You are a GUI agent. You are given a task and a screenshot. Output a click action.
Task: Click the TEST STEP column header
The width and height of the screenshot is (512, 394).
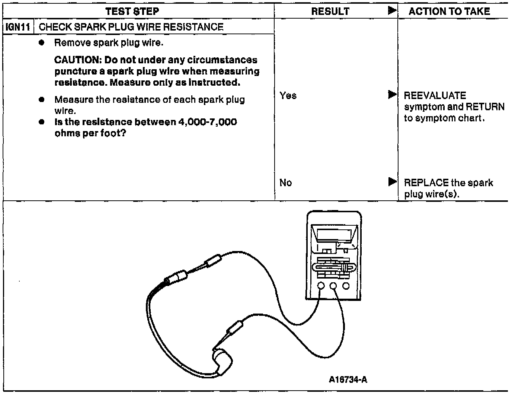[x=132, y=11]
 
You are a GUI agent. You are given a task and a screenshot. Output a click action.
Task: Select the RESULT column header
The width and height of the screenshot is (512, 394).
[x=330, y=12]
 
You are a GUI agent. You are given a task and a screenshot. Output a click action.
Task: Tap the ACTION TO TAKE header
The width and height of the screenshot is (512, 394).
[x=449, y=11]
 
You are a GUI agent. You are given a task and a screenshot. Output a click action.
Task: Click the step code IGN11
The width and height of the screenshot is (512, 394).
[x=18, y=27]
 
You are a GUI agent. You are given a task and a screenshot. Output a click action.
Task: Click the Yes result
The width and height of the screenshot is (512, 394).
[x=288, y=96]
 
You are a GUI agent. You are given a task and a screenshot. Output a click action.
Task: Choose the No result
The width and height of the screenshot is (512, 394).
[x=285, y=183]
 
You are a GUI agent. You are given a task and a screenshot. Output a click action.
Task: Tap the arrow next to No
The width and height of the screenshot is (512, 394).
[x=392, y=182]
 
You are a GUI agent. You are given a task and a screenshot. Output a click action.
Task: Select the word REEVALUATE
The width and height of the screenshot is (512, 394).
[x=435, y=96]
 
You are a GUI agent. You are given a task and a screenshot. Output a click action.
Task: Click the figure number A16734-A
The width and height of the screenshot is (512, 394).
[x=348, y=379]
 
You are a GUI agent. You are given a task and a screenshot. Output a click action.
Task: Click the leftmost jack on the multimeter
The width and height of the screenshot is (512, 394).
[x=321, y=286]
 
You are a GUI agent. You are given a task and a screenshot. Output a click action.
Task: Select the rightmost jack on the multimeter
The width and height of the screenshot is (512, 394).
[x=346, y=286]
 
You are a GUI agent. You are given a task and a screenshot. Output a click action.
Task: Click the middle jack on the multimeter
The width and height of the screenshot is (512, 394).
[x=333, y=286]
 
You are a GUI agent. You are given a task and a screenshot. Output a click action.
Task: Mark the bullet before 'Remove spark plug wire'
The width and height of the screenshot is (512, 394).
[x=42, y=43]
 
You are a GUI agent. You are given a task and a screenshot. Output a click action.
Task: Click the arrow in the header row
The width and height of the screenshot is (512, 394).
[x=392, y=11]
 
